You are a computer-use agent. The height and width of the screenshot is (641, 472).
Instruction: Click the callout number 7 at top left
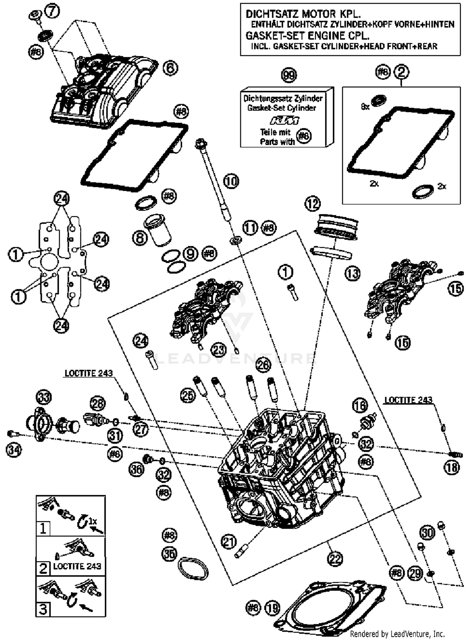[52, 11]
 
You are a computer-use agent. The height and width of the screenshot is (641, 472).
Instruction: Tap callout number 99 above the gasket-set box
[289, 75]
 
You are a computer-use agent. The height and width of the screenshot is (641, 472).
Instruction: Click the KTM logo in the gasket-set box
[284, 121]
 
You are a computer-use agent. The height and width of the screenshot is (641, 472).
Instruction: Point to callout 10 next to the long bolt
[231, 181]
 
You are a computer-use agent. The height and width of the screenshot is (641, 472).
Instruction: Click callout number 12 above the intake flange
[312, 204]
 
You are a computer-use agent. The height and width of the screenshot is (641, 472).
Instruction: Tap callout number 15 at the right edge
[456, 288]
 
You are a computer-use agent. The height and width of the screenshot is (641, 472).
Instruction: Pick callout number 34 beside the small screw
[14, 450]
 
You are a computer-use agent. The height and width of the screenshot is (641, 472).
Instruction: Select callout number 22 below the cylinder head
[334, 559]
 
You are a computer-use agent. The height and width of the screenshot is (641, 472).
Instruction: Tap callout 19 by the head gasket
[273, 608]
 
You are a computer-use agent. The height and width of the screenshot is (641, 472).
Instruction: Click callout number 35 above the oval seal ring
[169, 554]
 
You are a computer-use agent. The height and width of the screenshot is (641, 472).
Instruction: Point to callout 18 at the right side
[452, 468]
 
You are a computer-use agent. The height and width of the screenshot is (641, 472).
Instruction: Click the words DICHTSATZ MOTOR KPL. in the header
[303, 14]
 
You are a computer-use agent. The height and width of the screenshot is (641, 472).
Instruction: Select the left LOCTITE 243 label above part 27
[88, 373]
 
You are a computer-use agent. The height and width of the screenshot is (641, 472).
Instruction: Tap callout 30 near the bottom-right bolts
[427, 533]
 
